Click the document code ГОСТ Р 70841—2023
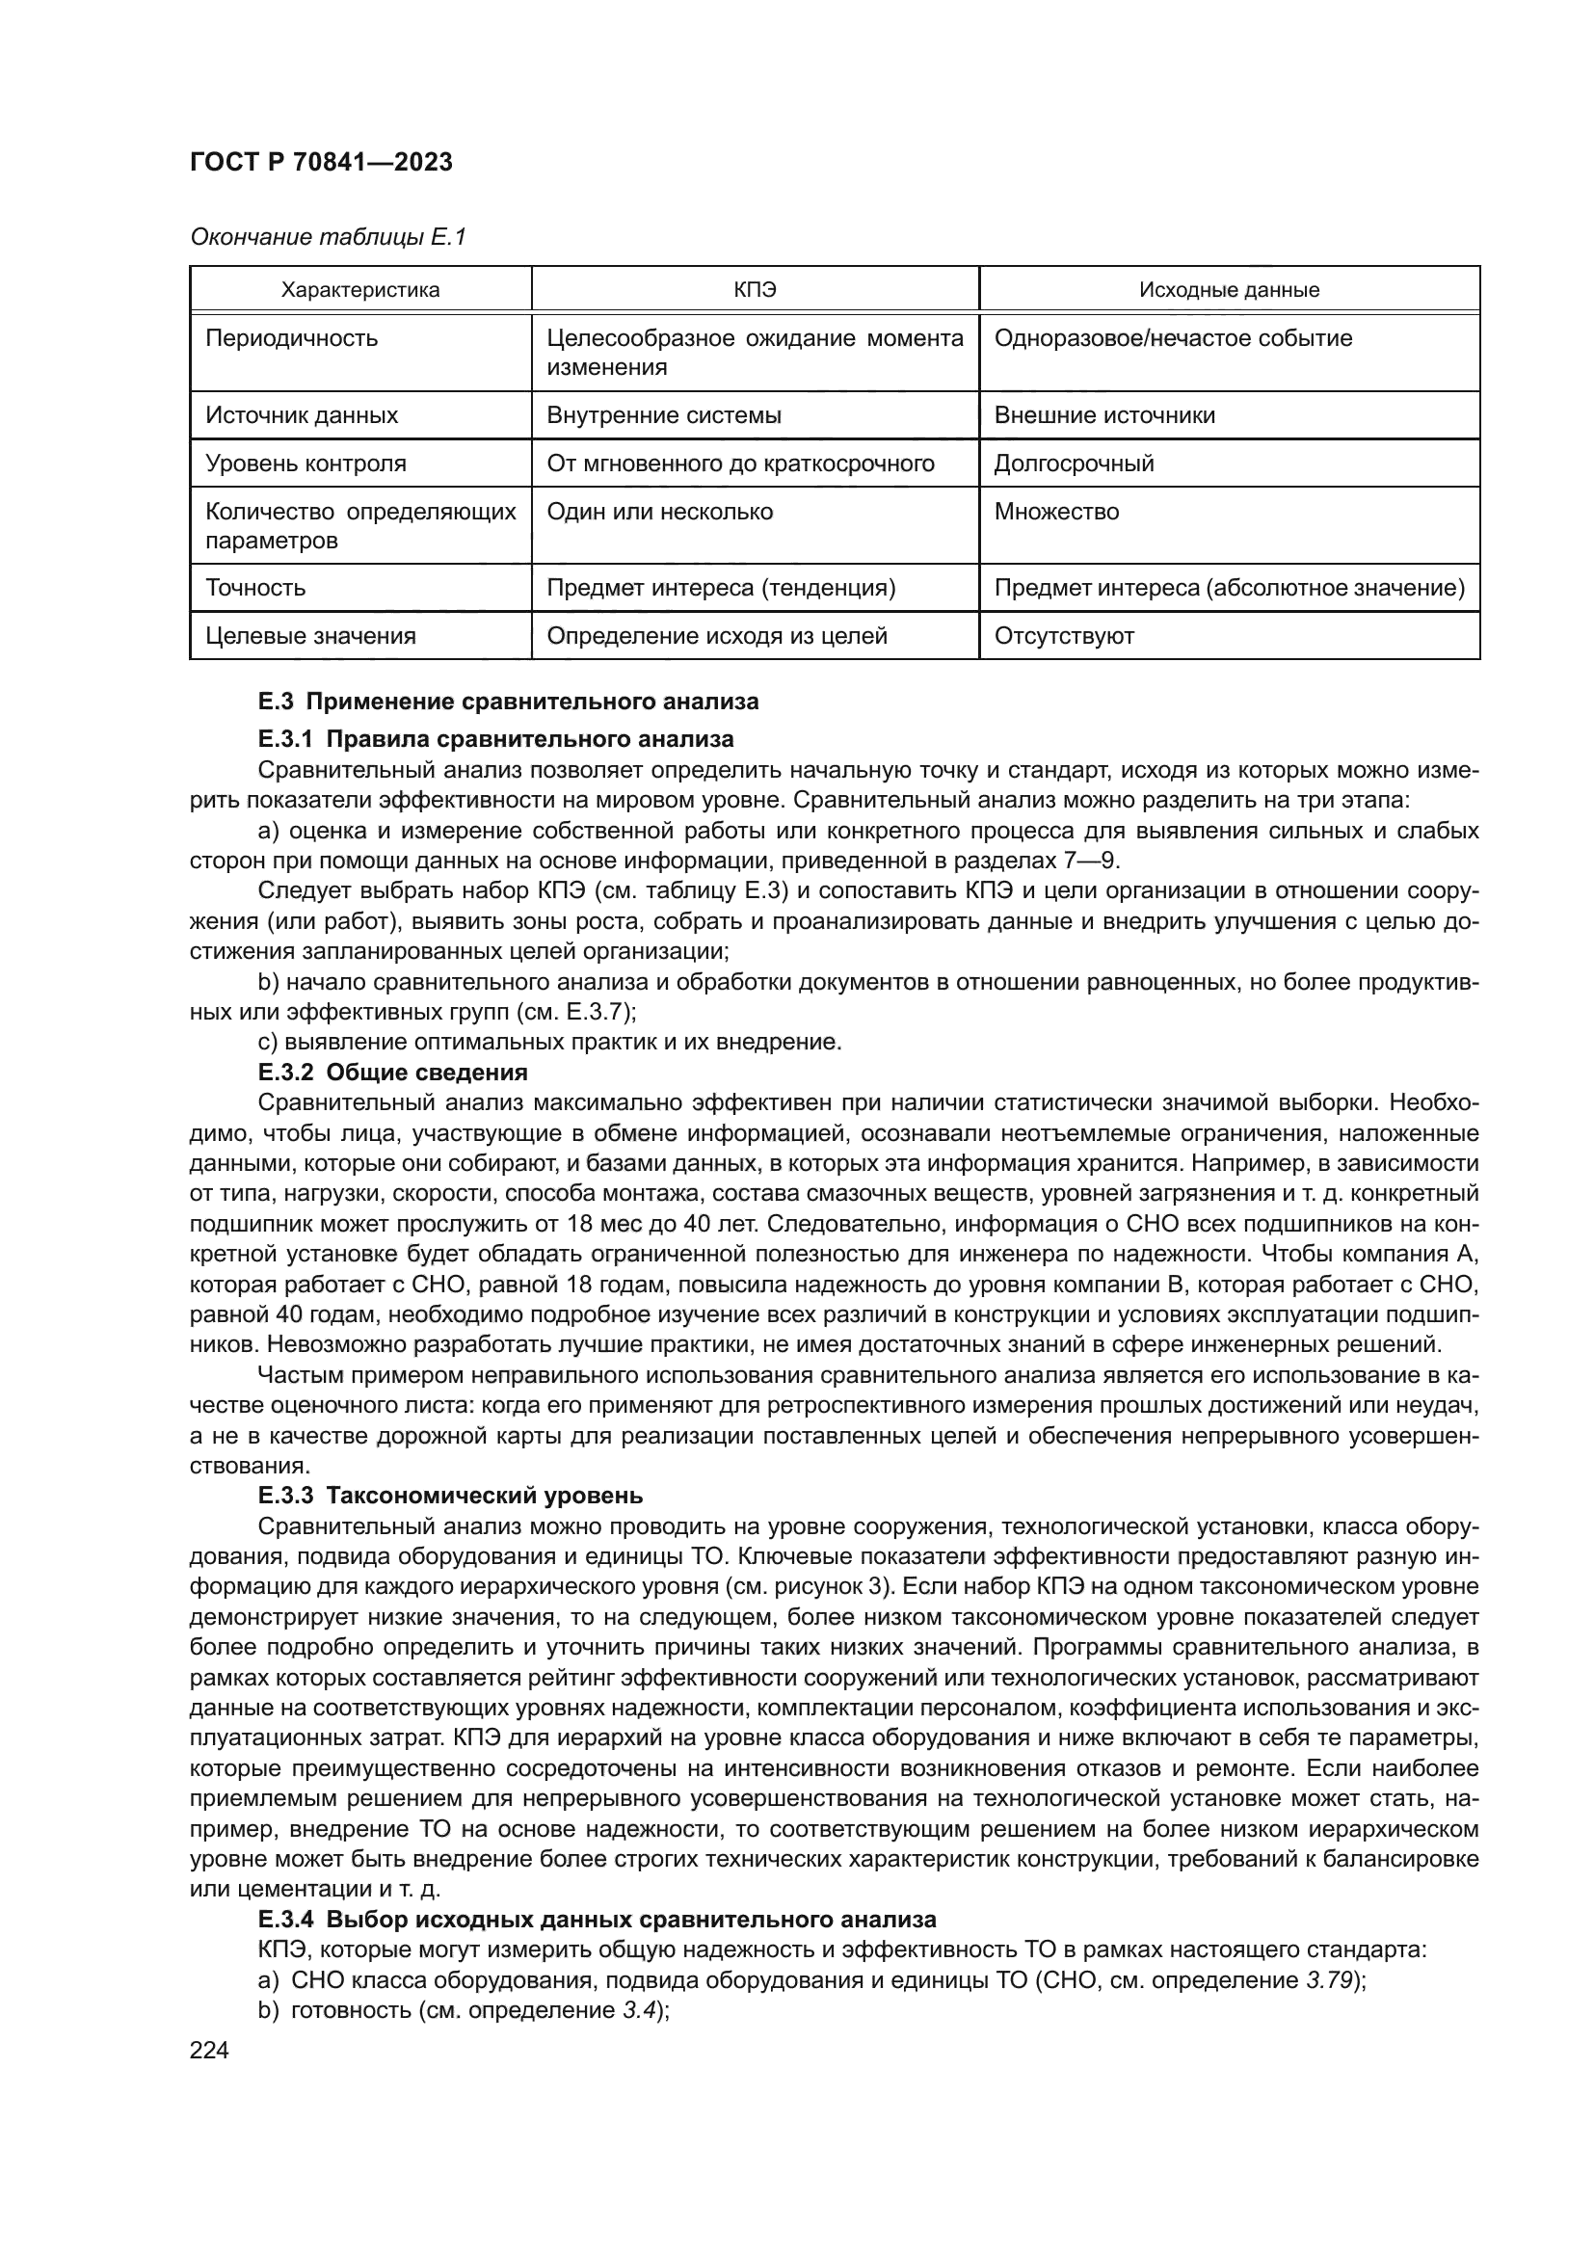pos(321,163)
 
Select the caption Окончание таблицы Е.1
pos(328,237)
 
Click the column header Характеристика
pos(360,290)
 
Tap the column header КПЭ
pos(754,290)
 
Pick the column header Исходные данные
pos(1229,290)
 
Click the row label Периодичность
pos(291,338)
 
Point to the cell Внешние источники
pos(1104,415)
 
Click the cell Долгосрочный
pos(1074,464)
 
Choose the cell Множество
pos(1056,512)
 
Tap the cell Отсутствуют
pos(1064,636)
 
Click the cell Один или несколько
pos(659,512)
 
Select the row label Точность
pos(255,588)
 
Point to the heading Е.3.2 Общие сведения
pos(392,1072)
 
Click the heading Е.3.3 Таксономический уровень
pos(450,1496)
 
